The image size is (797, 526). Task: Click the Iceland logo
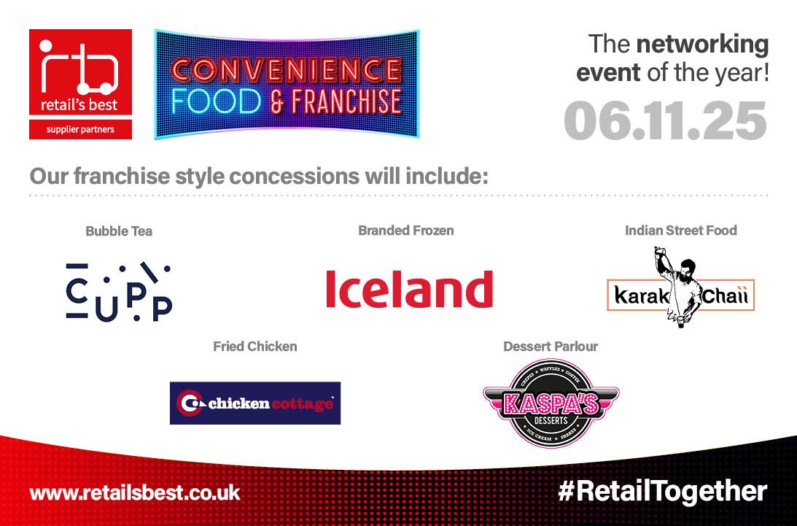(409, 289)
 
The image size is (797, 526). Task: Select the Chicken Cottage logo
(255, 403)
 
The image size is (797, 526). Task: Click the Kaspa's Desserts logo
(551, 403)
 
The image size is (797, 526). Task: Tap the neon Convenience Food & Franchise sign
(287, 84)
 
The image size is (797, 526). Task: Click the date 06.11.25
(665, 120)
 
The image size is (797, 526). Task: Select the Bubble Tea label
(119, 231)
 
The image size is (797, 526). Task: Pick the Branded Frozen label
(405, 231)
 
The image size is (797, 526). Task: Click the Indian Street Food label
(680, 231)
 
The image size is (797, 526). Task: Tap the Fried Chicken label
(254, 347)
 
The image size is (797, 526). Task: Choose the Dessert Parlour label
(551, 347)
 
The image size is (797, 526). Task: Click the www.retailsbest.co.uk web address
(135, 492)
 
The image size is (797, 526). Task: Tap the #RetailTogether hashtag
(662, 491)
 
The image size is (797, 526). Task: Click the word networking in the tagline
(702, 45)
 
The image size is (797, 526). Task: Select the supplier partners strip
(80, 130)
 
